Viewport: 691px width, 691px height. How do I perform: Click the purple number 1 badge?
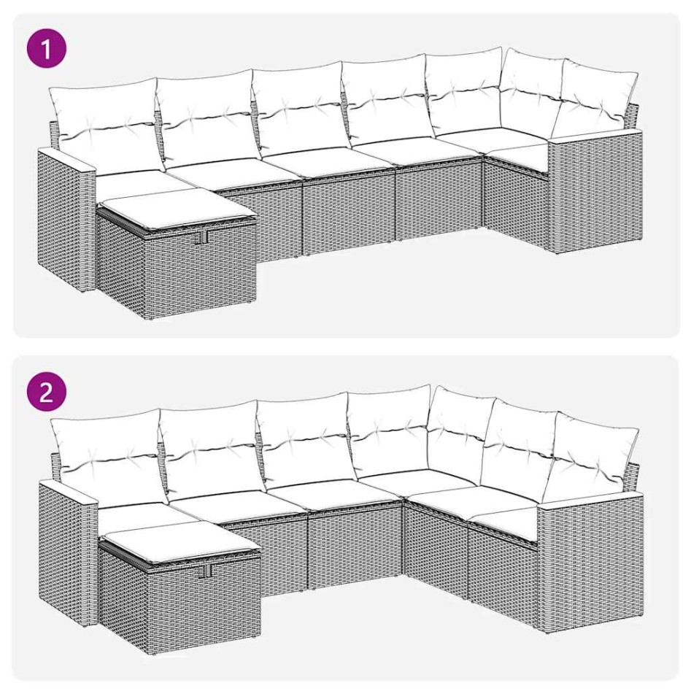pyautogui.click(x=46, y=50)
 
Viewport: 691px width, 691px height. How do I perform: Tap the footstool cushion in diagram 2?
pyautogui.click(x=179, y=544)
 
